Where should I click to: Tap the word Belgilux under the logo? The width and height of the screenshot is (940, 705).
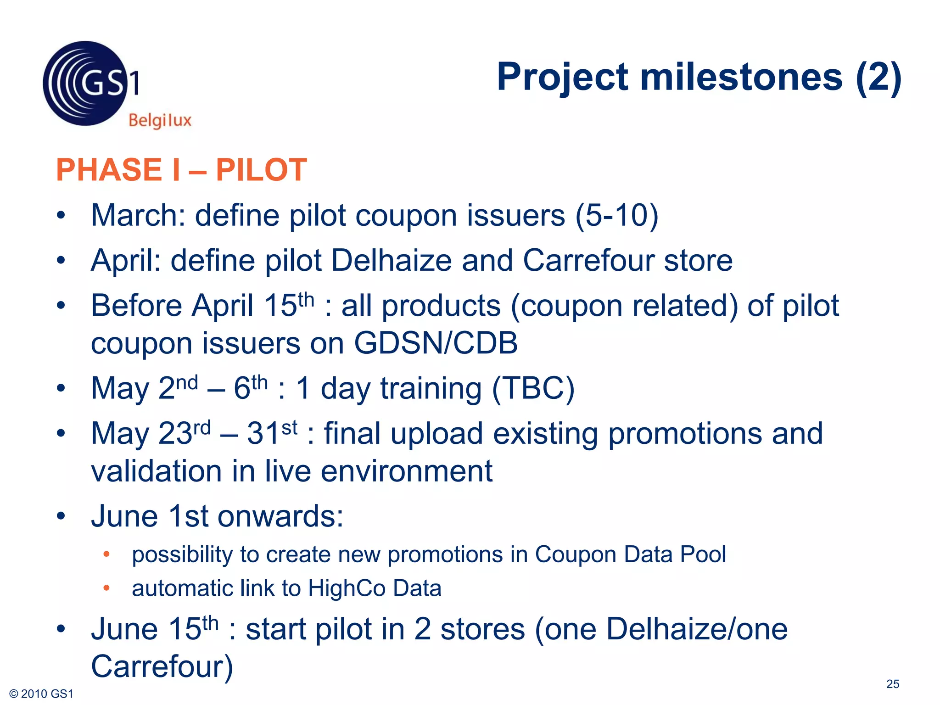160,120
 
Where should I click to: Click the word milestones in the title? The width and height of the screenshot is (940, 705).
741,77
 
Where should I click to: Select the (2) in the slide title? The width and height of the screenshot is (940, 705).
878,77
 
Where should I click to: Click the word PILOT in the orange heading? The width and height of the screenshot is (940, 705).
261,170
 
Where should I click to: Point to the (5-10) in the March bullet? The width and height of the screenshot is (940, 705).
617,215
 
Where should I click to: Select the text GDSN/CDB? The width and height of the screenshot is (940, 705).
436,343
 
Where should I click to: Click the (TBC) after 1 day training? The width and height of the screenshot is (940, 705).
533,388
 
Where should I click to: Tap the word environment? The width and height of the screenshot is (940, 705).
406,471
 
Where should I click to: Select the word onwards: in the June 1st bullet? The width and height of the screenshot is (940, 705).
280,516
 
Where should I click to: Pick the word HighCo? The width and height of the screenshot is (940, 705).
347,588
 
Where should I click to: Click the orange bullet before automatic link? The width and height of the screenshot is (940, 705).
106,588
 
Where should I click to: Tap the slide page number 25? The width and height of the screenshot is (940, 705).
892,684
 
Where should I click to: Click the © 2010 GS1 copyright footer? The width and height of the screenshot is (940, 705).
41,694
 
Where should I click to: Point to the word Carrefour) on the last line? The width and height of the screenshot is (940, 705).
162,666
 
